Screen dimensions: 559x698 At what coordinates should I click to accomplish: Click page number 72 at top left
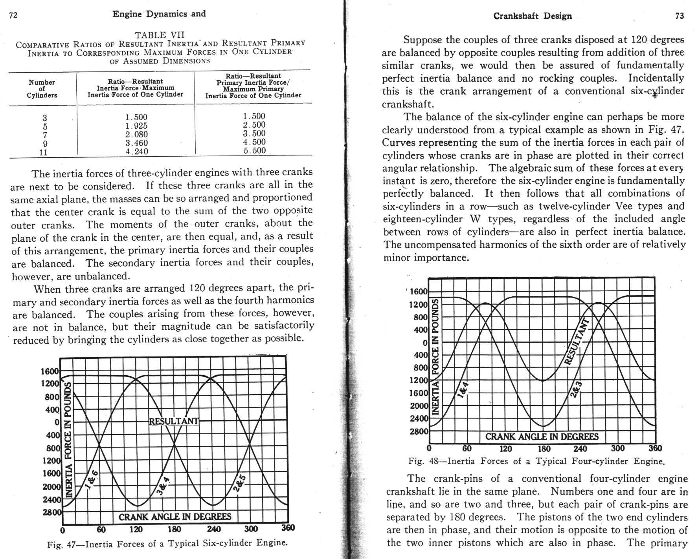pos(13,16)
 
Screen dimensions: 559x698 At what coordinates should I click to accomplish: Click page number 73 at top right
pos(680,16)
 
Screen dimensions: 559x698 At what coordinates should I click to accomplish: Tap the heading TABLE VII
pos(160,35)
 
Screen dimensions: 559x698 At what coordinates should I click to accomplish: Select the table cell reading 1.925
pos(136,126)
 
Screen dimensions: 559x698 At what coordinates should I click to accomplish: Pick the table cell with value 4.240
pos(136,152)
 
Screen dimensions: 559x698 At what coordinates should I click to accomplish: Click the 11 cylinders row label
pos(44,152)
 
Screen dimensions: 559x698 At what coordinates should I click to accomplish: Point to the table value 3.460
pos(136,143)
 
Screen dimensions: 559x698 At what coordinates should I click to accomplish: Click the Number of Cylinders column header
pos(42,89)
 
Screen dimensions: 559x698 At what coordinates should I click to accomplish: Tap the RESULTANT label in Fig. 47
pos(174,421)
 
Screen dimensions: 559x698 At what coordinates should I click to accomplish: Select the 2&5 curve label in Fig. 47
pos(240,483)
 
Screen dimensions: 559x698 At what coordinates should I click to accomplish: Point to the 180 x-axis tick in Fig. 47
pos(174,529)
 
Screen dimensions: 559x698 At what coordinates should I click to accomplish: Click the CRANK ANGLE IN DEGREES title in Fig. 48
pos(542,437)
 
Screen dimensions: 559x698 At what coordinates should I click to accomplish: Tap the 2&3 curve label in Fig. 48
pos(576,389)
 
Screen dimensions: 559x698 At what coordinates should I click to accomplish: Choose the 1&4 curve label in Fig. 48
pos(464,389)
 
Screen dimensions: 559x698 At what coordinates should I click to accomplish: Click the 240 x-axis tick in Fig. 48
pos(580,449)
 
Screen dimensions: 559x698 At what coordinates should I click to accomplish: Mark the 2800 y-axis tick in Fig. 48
pos(419,431)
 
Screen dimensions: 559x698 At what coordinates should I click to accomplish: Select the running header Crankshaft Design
pos(533,16)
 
